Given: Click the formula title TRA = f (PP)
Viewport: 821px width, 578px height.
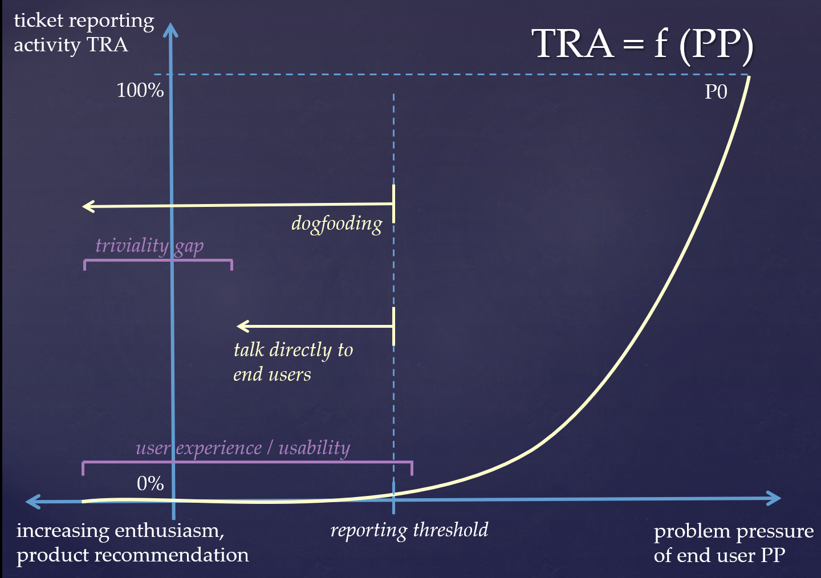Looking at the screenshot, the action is pyautogui.click(x=643, y=44).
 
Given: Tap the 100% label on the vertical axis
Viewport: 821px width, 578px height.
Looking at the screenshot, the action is pyautogui.click(x=140, y=90).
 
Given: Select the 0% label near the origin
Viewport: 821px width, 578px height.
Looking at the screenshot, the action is pyautogui.click(x=151, y=483).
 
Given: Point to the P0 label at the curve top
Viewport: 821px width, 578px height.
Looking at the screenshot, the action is pyautogui.click(x=716, y=92).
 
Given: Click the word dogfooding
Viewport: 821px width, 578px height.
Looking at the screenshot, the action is pyautogui.click(x=336, y=224).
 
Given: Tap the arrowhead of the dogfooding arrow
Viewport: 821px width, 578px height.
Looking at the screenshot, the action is pyautogui.click(x=88, y=206).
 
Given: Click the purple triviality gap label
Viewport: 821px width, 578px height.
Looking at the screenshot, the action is pyautogui.click(x=149, y=246).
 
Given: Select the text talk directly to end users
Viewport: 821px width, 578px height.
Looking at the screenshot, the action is pyautogui.click(x=293, y=362).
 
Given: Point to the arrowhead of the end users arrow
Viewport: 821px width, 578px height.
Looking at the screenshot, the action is pyautogui.click(x=243, y=326).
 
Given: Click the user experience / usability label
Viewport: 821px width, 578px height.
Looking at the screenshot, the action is pyautogui.click(x=243, y=448).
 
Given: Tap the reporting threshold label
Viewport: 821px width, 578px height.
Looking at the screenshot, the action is pyautogui.click(x=409, y=530).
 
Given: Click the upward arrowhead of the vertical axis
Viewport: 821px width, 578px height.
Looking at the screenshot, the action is pyautogui.click(x=170, y=30).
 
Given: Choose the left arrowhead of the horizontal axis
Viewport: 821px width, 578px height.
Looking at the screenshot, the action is pyautogui.click(x=32, y=502).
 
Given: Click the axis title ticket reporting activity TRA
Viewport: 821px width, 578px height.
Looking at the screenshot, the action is pyautogui.click(x=84, y=33).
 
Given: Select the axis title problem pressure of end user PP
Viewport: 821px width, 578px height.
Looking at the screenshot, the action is pyautogui.click(x=734, y=543).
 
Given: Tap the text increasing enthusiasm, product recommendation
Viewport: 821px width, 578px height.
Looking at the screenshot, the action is pyautogui.click(x=133, y=543).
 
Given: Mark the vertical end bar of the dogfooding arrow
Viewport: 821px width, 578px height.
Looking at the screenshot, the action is pyautogui.click(x=394, y=204).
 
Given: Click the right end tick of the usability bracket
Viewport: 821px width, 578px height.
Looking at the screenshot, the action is pyautogui.click(x=412, y=469).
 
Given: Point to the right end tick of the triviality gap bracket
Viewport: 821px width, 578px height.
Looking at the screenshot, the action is pyautogui.click(x=231, y=265).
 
